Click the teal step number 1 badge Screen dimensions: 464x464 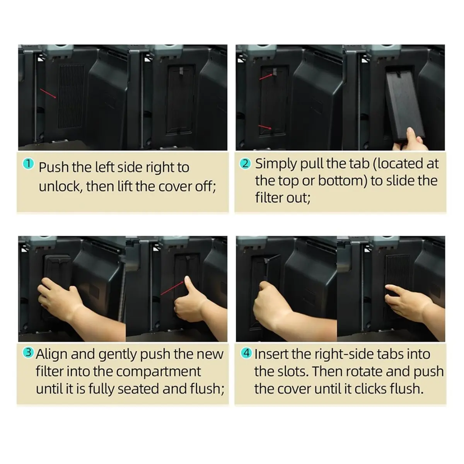tap(28, 164)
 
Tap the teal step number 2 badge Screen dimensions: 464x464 tap(245, 164)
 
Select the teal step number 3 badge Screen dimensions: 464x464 tap(28, 353)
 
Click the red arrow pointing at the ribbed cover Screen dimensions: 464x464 tap(48, 94)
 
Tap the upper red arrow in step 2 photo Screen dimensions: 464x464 tap(266, 77)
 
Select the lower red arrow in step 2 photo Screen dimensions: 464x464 tap(265, 127)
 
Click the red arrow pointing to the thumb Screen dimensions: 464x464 tap(172, 288)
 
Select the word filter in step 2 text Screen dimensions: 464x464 tap(269, 198)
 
